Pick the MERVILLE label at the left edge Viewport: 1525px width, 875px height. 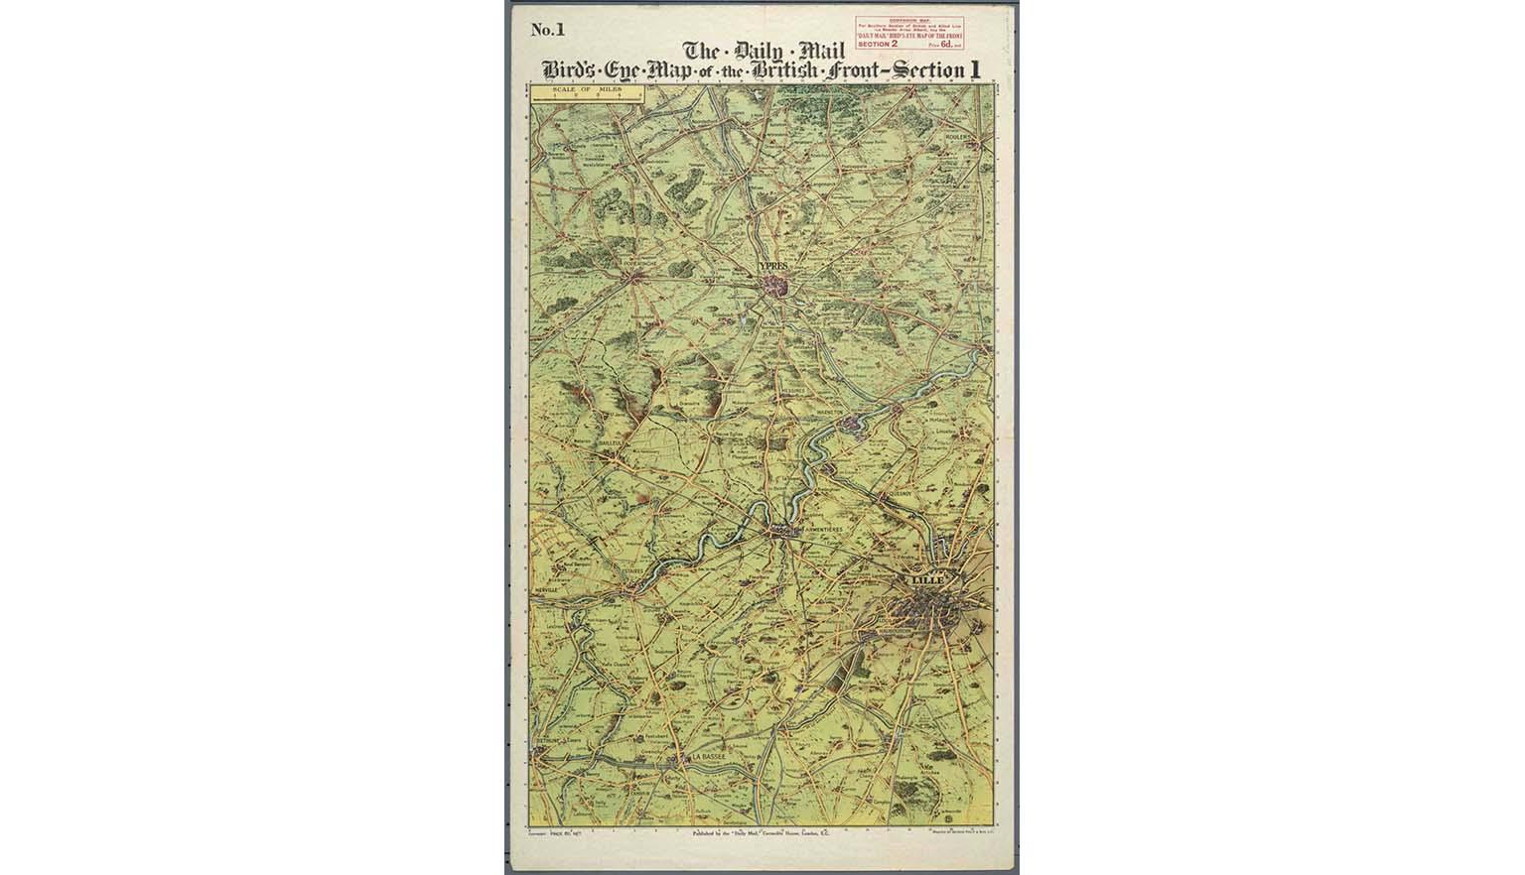[x=547, y=589]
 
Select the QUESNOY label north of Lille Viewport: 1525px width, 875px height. [x=899, y=491]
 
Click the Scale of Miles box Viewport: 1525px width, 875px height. [x=588, y=95]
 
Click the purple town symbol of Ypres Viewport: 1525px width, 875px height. [x=776, y=287]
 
